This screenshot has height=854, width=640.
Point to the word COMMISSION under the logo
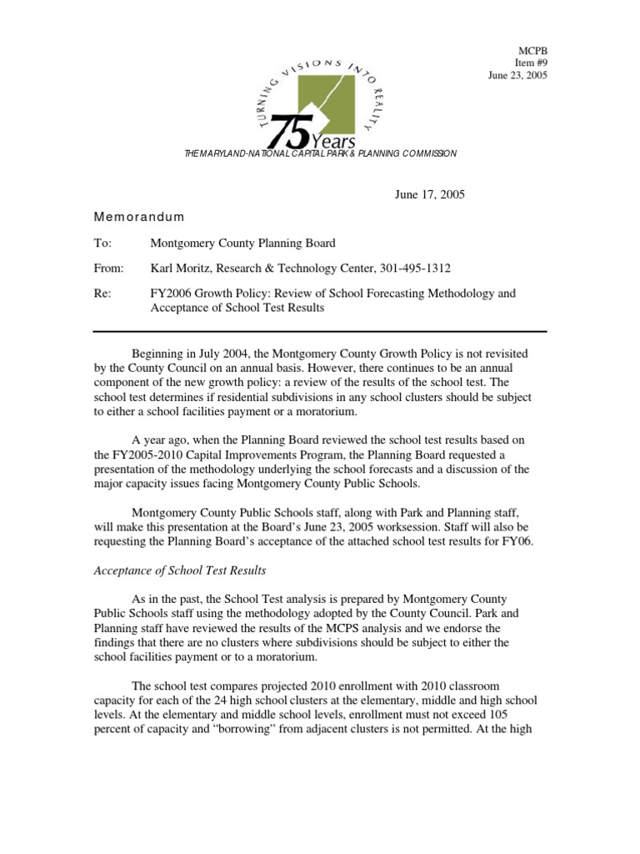click(428, 154)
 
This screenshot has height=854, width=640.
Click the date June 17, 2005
click(429, 194)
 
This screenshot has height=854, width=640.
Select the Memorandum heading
click(139, 217)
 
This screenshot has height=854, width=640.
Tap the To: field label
click(103, 244)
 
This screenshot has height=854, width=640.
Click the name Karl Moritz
click(182, 269)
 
